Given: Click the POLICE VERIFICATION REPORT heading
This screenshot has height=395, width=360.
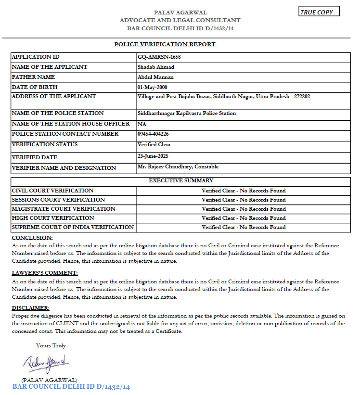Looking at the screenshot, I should (165, 44).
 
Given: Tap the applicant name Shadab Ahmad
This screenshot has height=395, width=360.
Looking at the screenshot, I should (155, 67).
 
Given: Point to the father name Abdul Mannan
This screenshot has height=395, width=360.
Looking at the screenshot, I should (155, 77).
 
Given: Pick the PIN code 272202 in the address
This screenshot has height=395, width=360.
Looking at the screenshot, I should (299, 96).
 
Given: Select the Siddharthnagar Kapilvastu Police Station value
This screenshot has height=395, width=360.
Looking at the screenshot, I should (187, 114).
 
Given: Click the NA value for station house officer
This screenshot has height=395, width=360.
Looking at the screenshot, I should (141, 124).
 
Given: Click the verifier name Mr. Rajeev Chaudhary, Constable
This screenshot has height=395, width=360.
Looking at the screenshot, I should (178, 167).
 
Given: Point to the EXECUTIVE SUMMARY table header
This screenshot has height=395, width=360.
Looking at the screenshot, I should (180, 181).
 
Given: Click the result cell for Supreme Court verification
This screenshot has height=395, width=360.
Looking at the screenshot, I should (244, 227).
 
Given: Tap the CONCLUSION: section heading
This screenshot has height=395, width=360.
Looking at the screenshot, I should (32, 238).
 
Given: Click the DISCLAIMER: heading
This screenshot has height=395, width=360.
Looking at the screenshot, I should (30, 308).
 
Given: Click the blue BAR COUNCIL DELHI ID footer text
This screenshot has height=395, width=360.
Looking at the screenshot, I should (71, 387).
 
